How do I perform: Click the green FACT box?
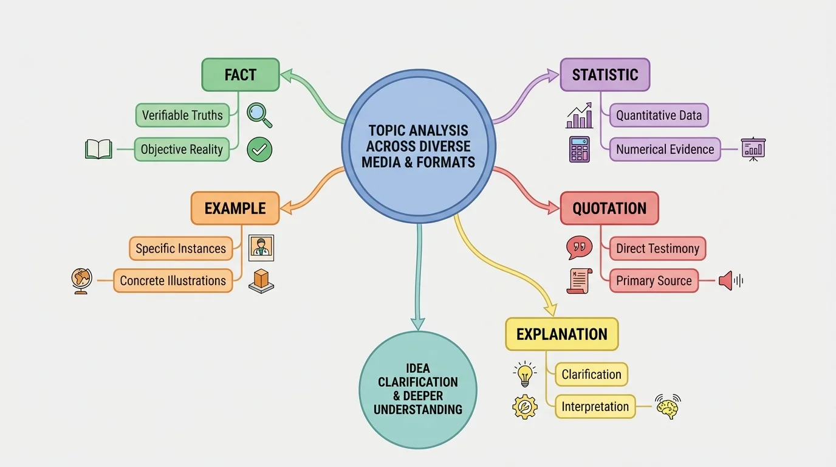click(240, 75)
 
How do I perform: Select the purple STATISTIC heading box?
click(605, 75)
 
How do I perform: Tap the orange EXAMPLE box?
click(235, 208)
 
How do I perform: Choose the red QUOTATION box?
click(609, 208)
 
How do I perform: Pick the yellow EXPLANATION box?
click(561, 334)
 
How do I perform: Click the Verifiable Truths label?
click(182, 115)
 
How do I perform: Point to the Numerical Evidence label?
click(665, 149)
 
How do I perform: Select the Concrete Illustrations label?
click(173, 280)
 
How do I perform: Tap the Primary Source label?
click(653, 280)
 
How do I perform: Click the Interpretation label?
click(595, 406)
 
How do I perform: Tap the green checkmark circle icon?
click(259, 150)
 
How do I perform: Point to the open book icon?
click(98, 149)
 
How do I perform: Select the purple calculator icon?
click(579, 149)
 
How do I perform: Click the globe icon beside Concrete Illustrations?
click(81, 281)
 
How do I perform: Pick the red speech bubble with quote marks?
click(579, 247)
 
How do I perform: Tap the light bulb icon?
click(525, 374)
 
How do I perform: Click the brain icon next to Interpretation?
click(668, 406)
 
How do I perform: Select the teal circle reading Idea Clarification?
click(418, 389)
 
